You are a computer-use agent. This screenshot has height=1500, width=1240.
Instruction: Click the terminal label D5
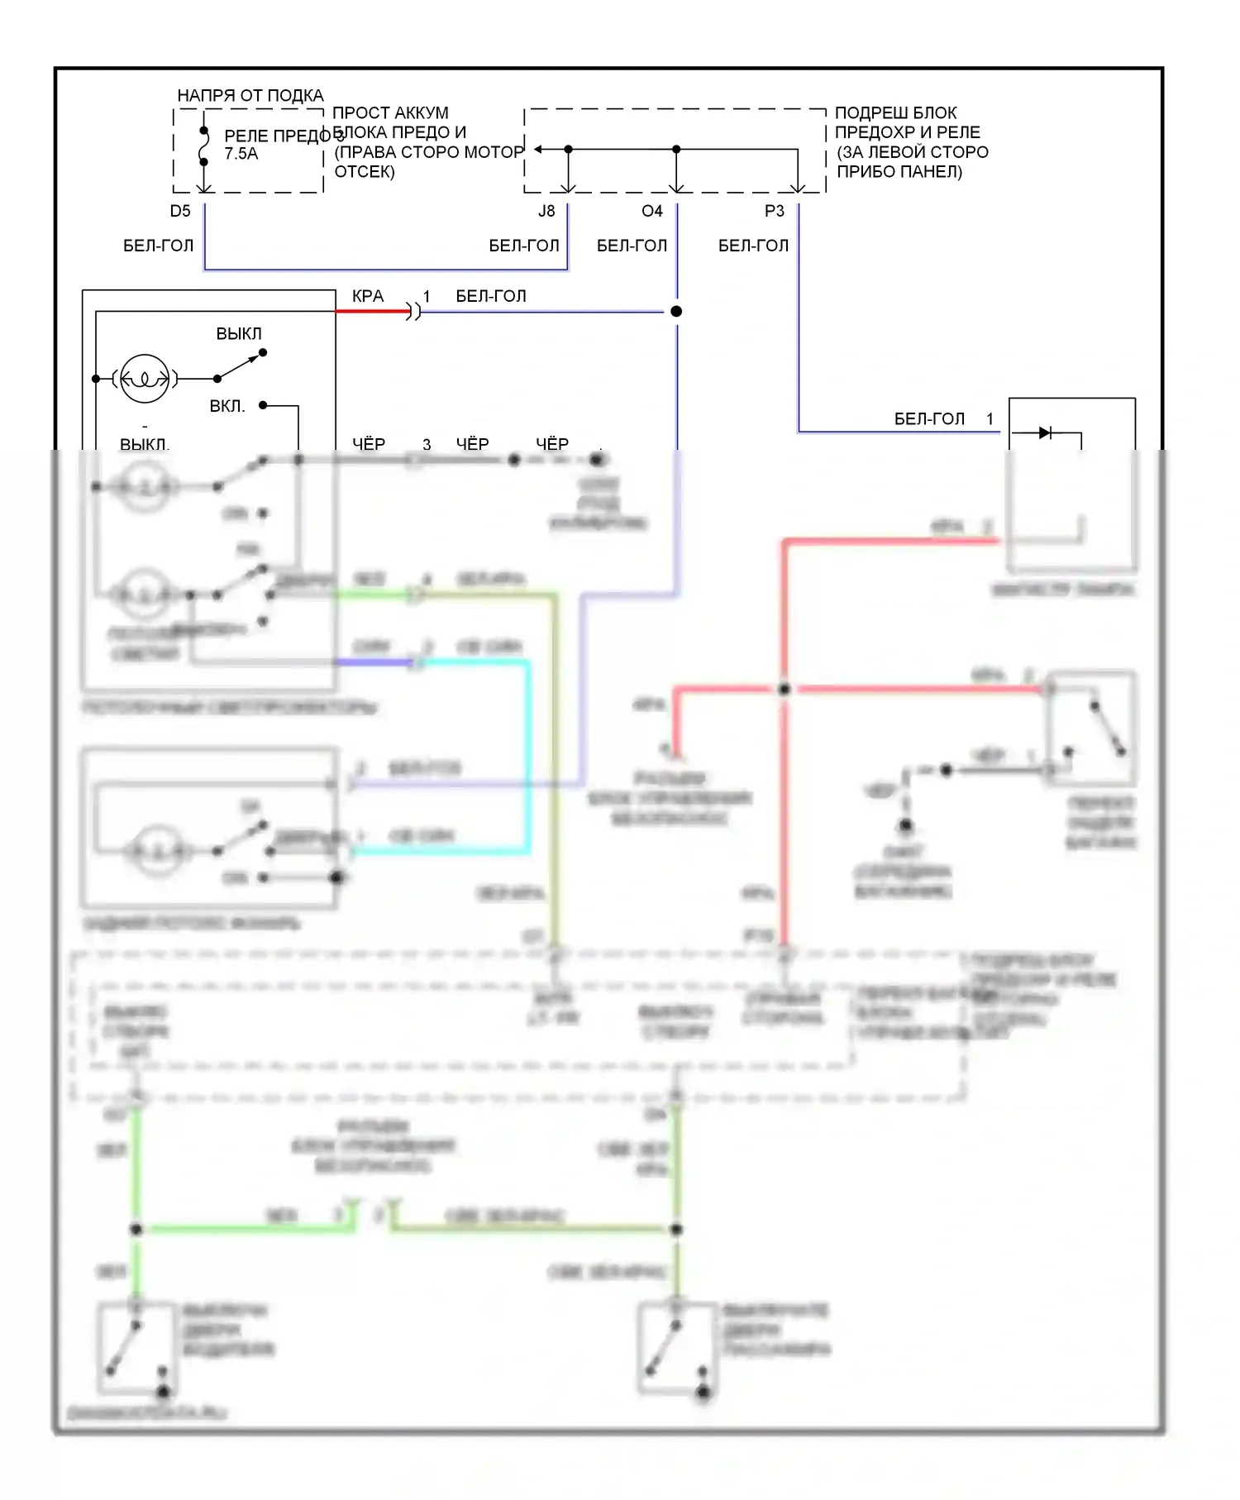tap(179, 211)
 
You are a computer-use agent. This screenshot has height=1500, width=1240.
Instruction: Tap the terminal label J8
tap(546, 211)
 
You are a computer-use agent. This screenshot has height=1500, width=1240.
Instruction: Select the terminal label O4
tap(651, 211)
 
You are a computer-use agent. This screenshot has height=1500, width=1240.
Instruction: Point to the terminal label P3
tap(774, 211)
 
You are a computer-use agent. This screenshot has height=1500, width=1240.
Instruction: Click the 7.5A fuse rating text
tap(241, 154)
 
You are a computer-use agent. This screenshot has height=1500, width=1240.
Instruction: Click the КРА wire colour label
tap(368, 296)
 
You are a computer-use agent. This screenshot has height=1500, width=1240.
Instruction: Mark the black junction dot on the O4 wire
tap(676, 311)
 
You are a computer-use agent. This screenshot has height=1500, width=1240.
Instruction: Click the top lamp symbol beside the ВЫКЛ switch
tap(145, 379)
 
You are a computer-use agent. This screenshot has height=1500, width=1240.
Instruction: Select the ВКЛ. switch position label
tap(227, 406)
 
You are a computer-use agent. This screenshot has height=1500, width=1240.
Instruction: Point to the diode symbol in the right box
tap(1045, 432)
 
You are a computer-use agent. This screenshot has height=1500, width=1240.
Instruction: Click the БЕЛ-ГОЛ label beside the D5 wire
tap(158, 246)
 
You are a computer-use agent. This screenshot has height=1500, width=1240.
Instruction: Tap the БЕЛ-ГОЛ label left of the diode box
tap(929, 419)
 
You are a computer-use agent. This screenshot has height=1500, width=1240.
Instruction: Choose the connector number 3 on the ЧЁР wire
tap(427, 445)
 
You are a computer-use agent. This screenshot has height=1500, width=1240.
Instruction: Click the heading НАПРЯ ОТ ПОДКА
tap(250, 96)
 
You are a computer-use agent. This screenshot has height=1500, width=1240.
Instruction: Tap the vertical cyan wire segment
tap(527, 752)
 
